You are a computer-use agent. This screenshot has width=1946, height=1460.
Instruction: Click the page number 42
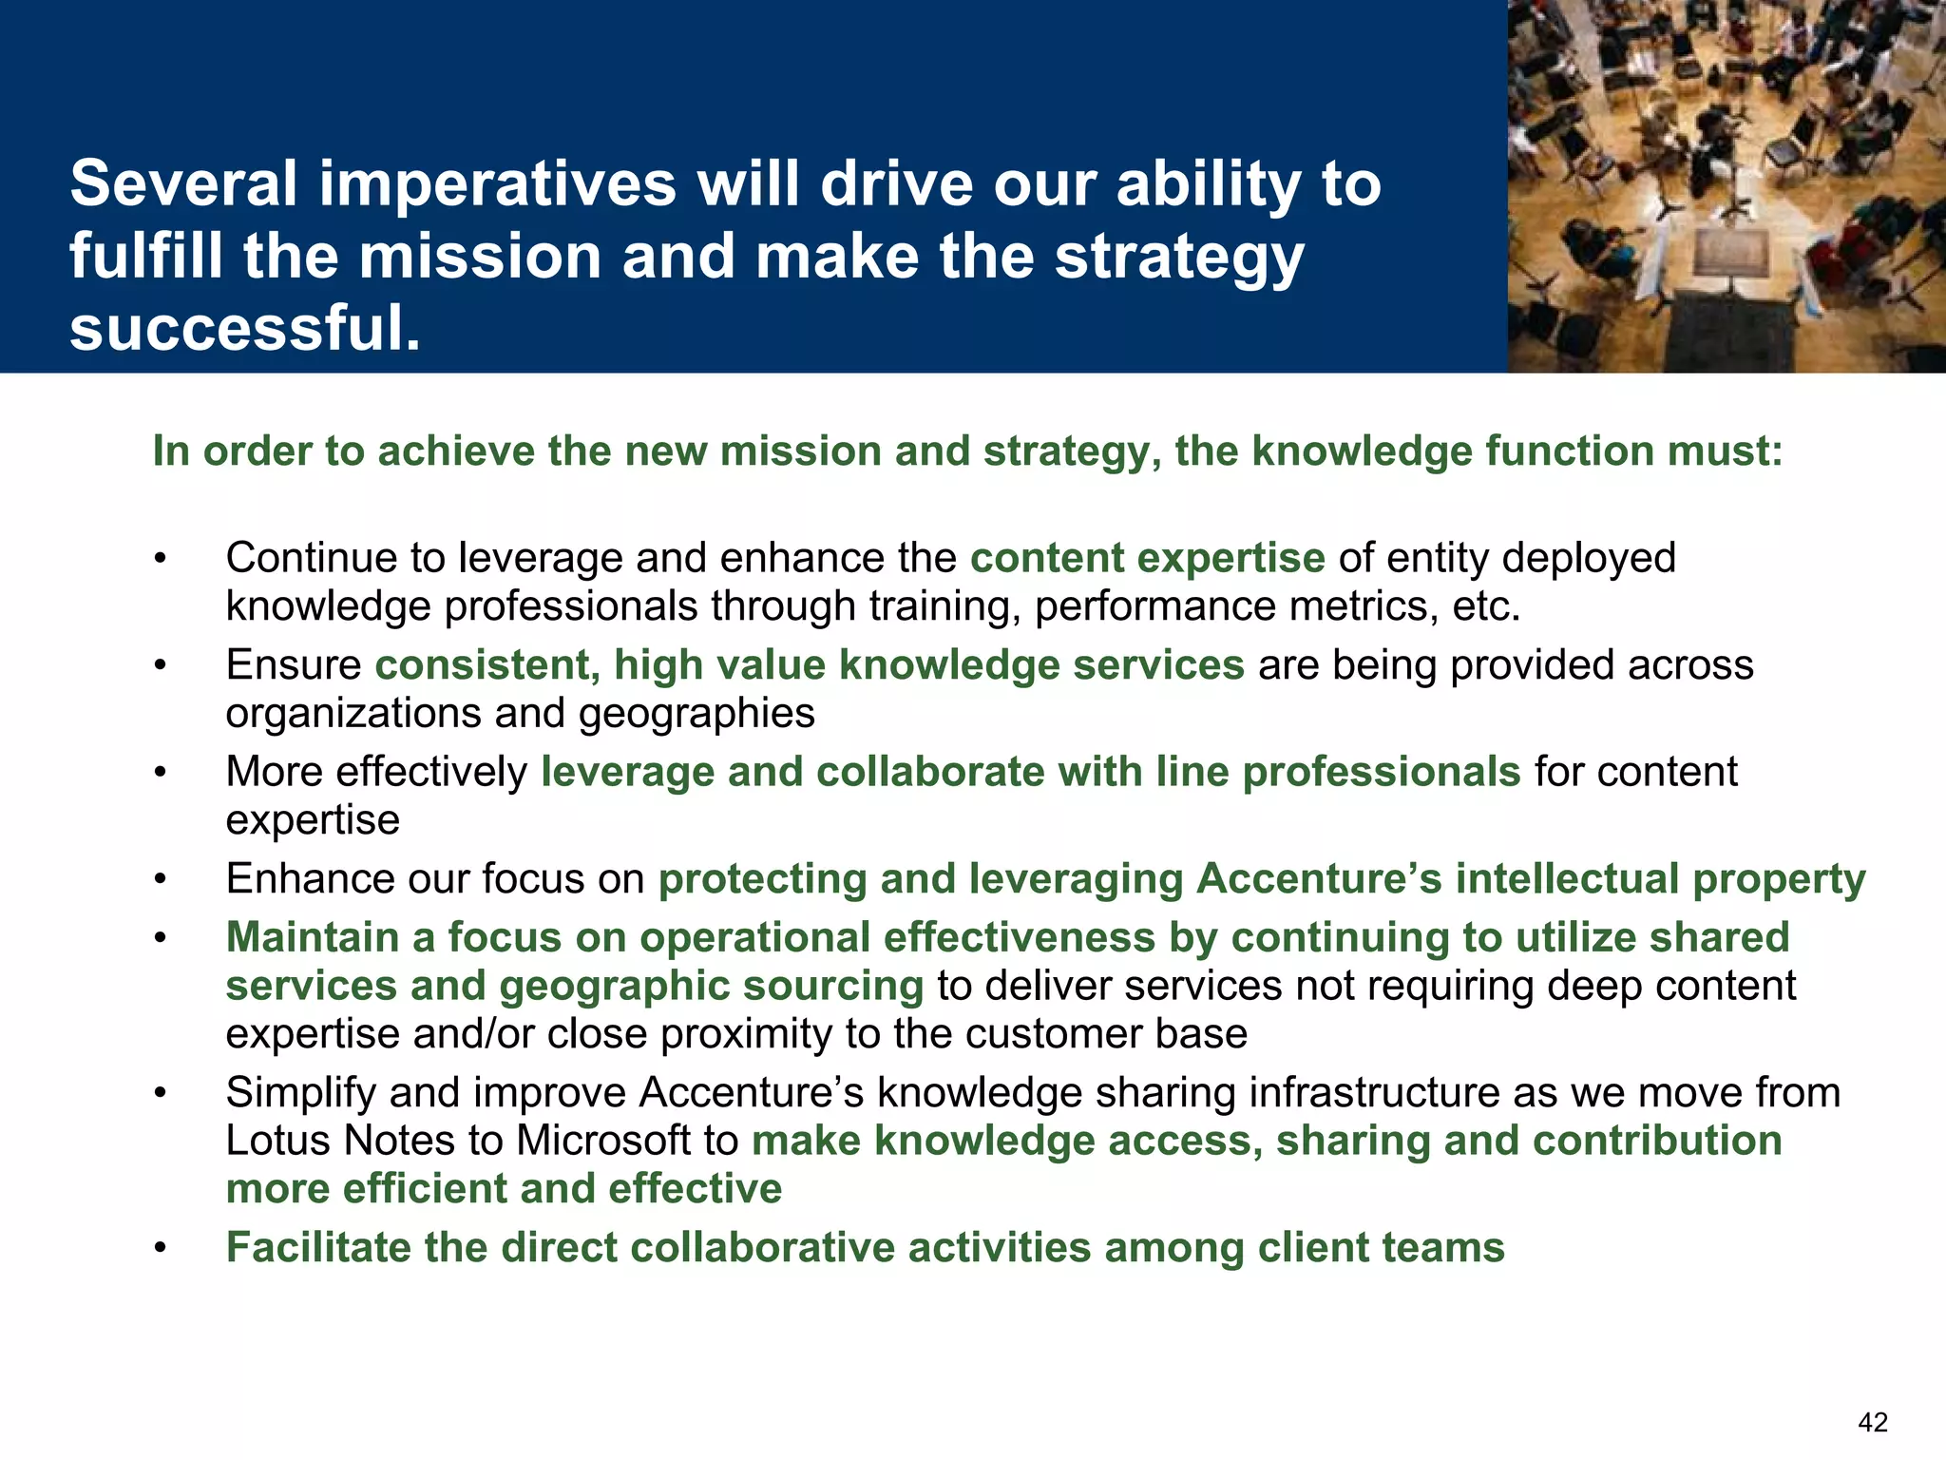1872,1422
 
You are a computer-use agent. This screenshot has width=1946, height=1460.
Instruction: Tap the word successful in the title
244,329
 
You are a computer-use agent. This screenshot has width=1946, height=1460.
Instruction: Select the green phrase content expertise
1147,558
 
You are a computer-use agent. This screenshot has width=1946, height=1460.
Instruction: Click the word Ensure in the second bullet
293,665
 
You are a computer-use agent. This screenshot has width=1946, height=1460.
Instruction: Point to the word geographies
696,714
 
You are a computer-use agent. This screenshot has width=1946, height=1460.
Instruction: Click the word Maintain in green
313,938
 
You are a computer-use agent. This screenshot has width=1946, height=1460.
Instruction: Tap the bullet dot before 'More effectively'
162,773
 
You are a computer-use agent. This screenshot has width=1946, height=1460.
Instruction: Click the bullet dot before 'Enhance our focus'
162,880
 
